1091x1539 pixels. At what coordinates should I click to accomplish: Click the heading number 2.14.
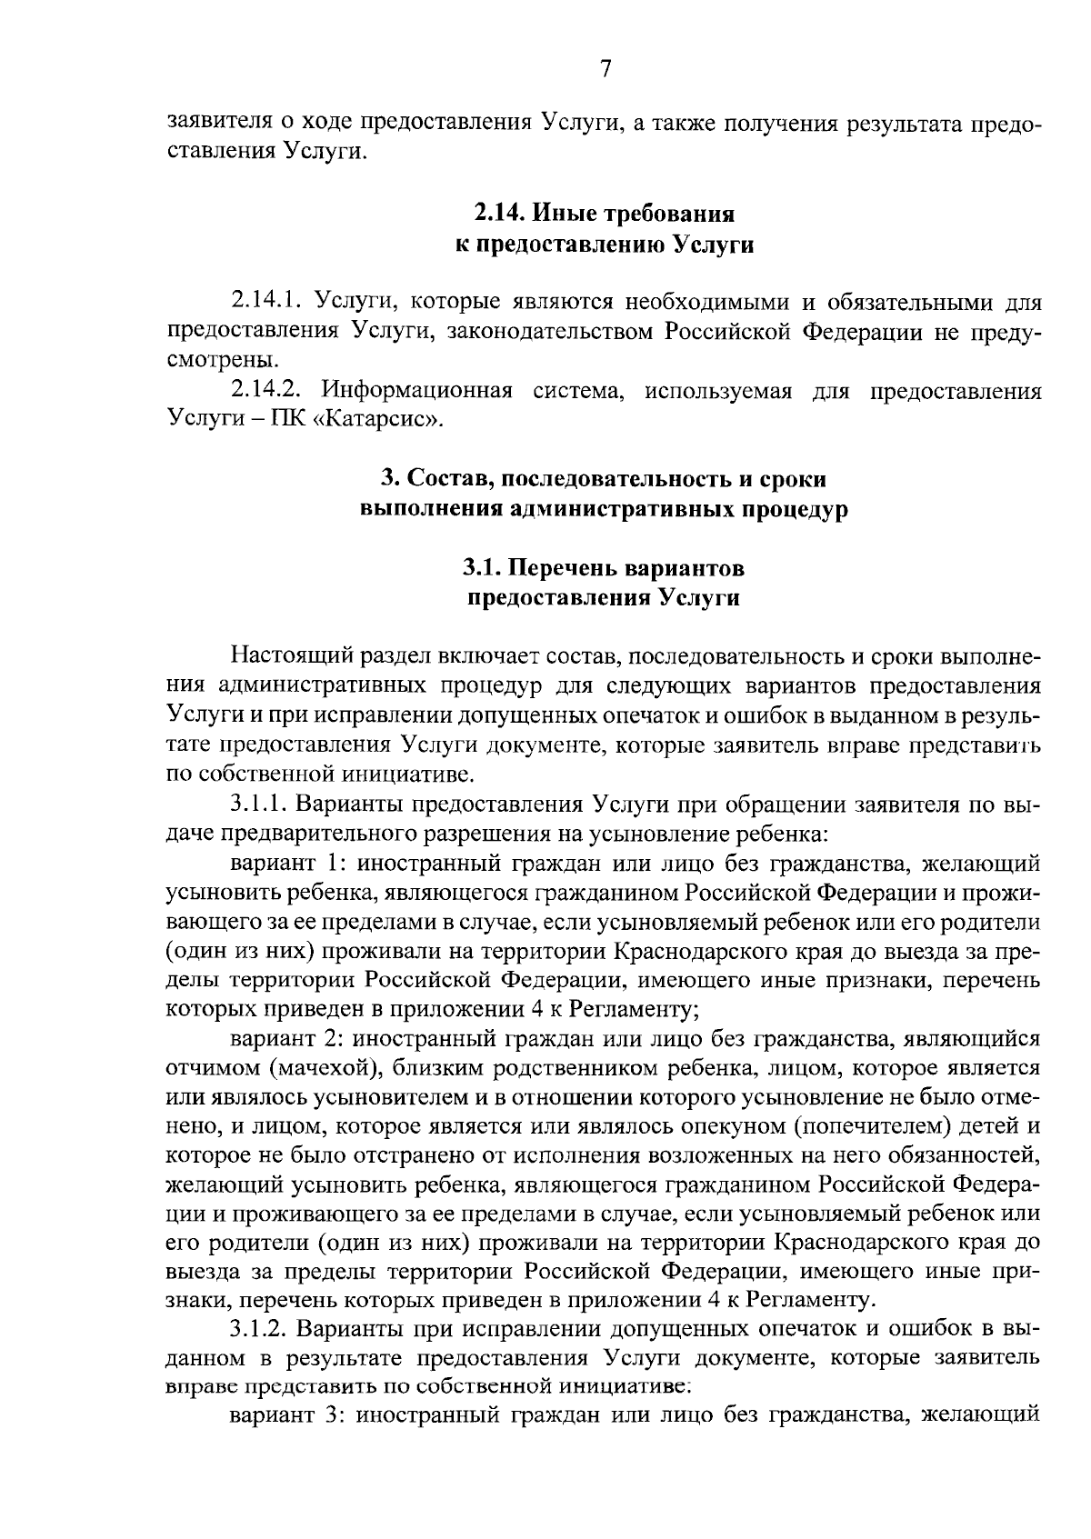(499, 215)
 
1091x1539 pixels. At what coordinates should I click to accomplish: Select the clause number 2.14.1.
(265, 301)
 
